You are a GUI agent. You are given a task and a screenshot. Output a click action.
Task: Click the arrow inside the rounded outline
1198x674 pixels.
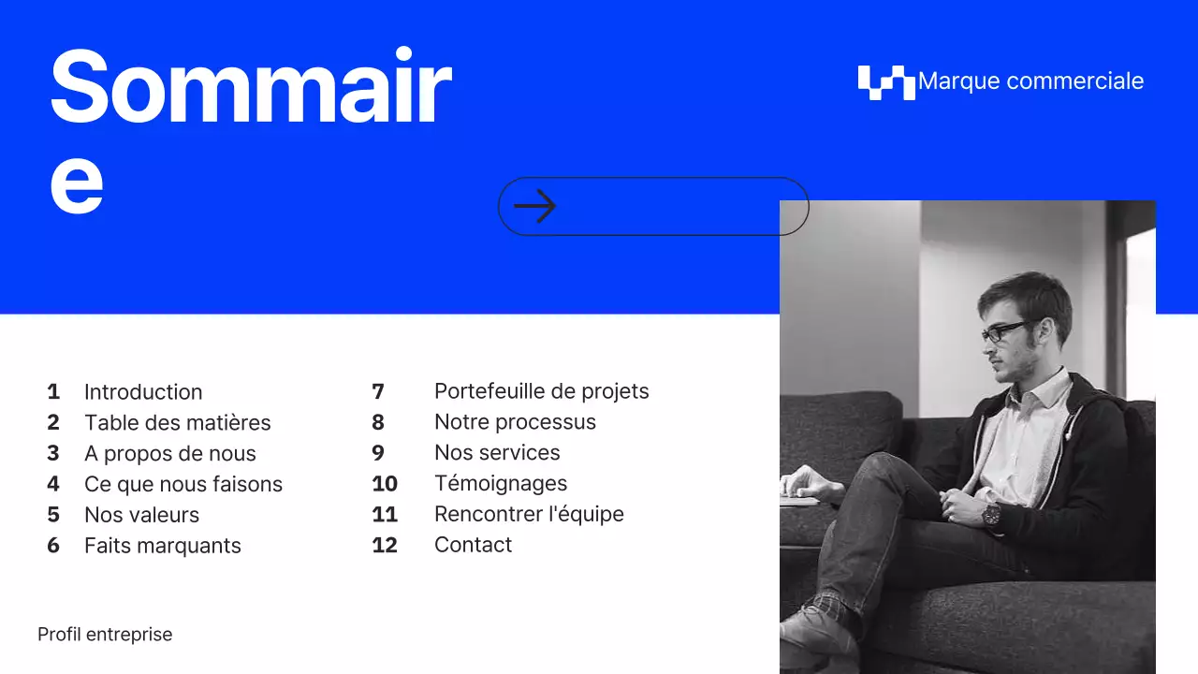[535, 206]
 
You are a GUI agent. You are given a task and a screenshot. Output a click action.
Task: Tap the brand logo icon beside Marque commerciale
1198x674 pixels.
[885, 82]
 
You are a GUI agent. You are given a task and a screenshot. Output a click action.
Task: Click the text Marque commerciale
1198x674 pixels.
[1030, 81]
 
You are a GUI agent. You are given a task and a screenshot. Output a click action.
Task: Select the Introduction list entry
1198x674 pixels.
[143, 392]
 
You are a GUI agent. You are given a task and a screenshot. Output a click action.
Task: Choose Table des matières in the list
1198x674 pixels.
[177, 423]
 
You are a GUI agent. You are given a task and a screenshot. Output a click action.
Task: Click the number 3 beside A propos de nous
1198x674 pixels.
[53, 454]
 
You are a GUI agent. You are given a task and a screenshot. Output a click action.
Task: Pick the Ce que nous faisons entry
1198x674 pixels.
[183, 485]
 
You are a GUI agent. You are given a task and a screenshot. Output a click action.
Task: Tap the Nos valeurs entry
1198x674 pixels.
[141, 516]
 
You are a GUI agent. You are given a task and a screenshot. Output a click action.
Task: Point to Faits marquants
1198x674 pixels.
[163, 547]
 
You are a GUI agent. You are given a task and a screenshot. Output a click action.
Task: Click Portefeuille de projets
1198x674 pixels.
[541, 391]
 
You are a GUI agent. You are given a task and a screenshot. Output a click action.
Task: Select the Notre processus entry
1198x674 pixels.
[515, 422]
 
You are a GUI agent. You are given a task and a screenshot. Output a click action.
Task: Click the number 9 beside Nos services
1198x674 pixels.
[378, 453]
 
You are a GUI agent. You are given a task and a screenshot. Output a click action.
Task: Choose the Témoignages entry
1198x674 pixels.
[501, 484]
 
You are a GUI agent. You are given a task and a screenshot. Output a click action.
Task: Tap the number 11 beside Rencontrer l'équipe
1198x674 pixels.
[385, 515]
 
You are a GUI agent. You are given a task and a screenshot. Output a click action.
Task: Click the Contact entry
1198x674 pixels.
[473, 546]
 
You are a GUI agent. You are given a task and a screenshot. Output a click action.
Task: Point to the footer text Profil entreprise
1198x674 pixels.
[105, 635]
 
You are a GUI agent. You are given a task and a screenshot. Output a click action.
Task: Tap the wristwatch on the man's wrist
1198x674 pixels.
[990, 513]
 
